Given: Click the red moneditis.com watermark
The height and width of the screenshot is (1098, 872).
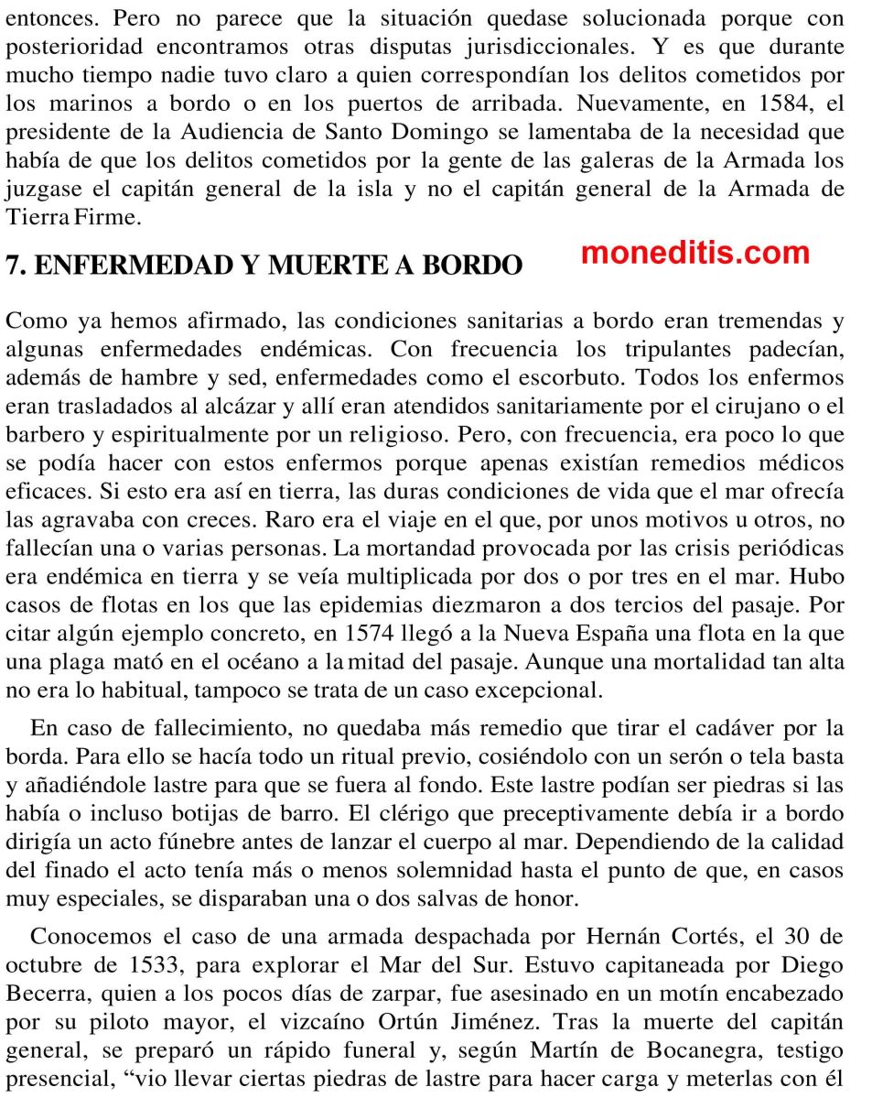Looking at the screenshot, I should coord(694,253).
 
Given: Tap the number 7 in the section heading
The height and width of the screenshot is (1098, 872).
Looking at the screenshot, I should coord(13,266).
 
